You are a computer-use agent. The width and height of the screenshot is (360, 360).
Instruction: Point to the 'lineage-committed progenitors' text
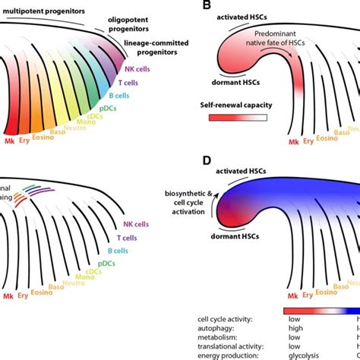156,51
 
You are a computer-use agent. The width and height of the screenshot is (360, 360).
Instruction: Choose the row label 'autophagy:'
211,323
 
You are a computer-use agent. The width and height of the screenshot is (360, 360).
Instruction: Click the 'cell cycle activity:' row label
226,312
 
